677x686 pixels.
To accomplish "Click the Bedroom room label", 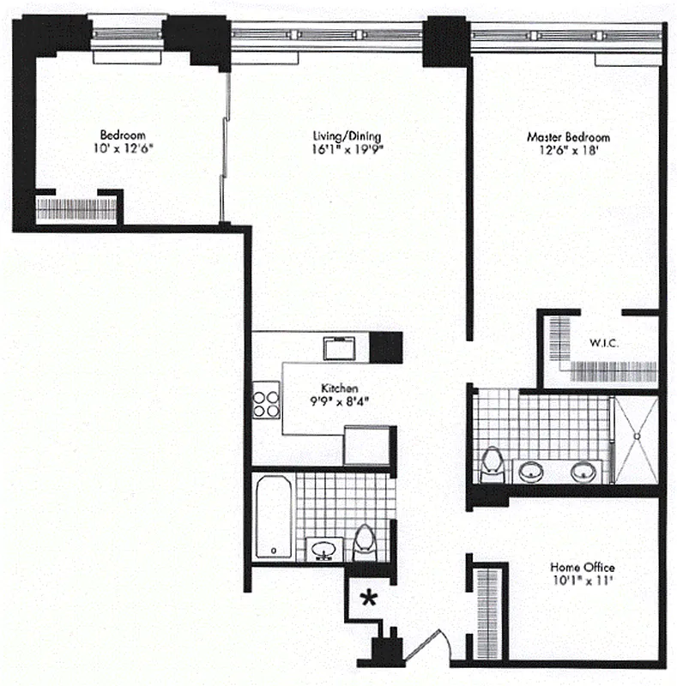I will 123,135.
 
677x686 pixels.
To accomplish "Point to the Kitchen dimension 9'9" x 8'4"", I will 339,400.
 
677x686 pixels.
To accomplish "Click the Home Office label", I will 583,568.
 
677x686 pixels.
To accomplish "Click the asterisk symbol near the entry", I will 370,599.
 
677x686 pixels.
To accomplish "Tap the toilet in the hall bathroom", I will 364,542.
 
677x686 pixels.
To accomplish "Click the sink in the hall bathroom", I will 324,548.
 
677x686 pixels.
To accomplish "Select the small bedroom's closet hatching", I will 75,209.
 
